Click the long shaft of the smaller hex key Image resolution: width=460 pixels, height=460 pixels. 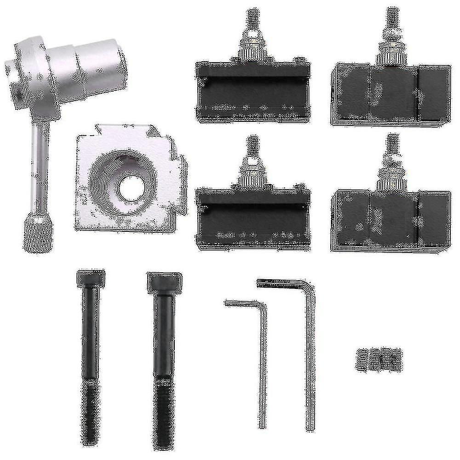tap(263, 359)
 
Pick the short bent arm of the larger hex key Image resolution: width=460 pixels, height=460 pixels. tap(281, 282)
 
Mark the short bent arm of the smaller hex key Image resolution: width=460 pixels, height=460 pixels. tap(241, 304)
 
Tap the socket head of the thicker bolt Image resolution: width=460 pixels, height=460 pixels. tap(164, 282)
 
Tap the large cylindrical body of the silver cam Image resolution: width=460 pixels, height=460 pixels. tap(99, 64)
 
